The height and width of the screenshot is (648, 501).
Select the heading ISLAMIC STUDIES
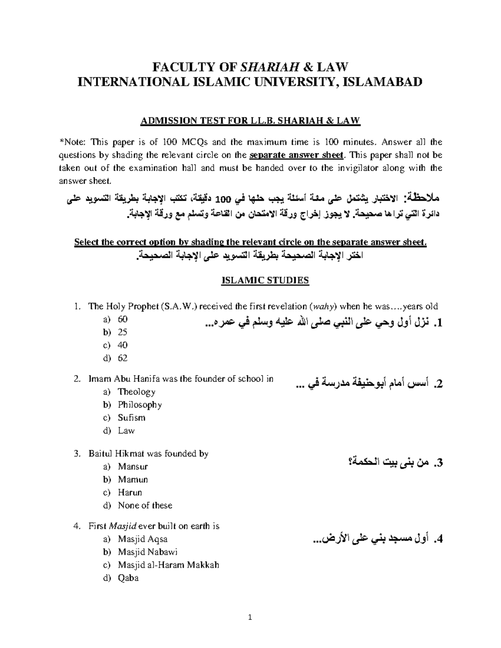point(265,280)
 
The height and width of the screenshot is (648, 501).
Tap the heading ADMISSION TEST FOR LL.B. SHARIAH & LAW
point(250,121)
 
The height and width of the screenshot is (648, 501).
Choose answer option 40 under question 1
point(123,345)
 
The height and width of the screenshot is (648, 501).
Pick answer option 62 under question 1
point(123,358)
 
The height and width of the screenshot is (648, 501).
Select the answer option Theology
point(137,392)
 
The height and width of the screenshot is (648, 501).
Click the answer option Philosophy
point(140,405)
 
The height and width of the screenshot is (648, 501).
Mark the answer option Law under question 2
point(126,431)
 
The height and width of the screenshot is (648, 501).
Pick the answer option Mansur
point(133,466)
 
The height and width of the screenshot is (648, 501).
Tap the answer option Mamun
point(133,479)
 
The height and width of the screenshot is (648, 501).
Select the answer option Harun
point(130,492)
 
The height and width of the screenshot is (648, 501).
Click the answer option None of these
point(145,505)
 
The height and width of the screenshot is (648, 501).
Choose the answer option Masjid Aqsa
point(143,539)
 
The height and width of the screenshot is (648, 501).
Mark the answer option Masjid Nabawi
point(148,552)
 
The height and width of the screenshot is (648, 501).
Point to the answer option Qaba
point(128,578)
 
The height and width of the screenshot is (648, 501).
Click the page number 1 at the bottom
point(250,618)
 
